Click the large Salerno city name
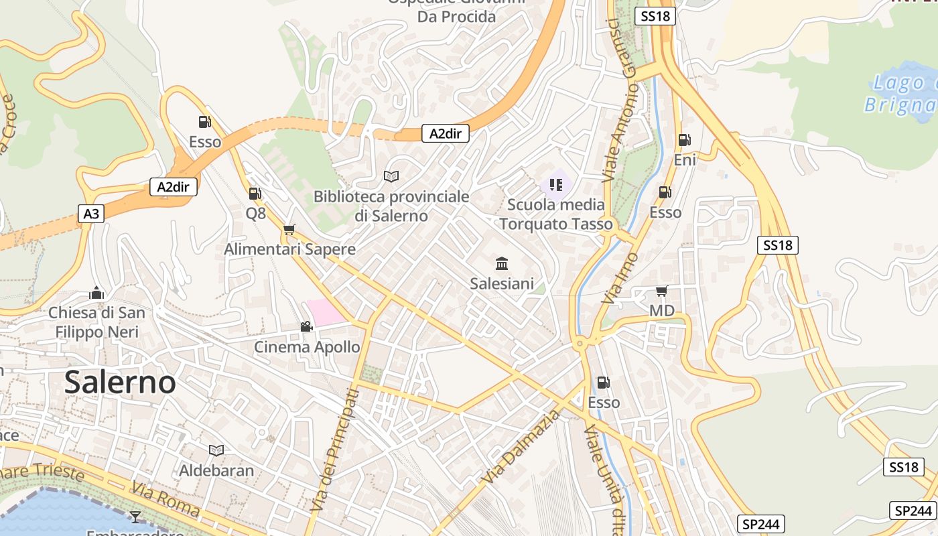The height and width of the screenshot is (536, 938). (x=121, y=383)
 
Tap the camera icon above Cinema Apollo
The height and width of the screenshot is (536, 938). (x=306, y=327)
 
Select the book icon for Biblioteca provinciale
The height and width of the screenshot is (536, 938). (x=391, y=176)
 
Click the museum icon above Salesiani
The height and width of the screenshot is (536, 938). (x=502, y=263)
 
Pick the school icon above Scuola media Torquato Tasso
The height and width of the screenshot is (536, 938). (x=555, y=184)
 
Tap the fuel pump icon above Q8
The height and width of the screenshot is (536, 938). (x=255, y=194)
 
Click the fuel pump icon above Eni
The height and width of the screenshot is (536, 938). (x=684, y=140)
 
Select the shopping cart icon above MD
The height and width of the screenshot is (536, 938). (x=661, y=291)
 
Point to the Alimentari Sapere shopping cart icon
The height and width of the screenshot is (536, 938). (x=289, y=230)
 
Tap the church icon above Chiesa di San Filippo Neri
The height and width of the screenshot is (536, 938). (x=96, y=293)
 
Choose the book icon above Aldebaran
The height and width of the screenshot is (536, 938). (x=216, y=450)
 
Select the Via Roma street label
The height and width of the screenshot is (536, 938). (x=166, y=498)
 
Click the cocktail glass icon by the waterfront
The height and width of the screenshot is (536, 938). (x=135, y=517)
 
